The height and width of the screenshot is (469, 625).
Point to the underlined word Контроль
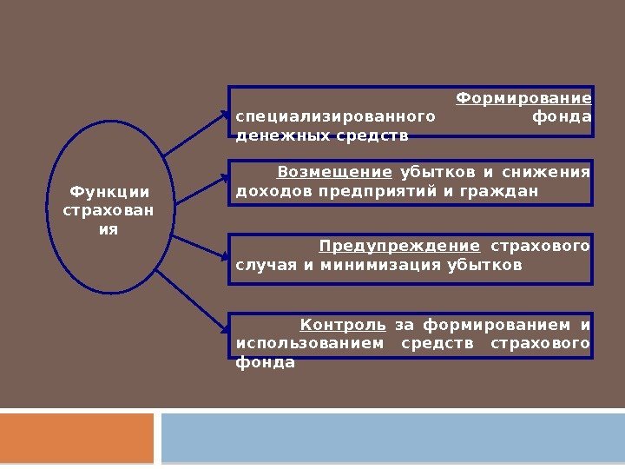tap(343, 326)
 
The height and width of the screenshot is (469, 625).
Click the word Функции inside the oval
tap(109, 192)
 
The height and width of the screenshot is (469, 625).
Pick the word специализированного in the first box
tap(334, 117)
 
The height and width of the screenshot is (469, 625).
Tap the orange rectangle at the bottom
tap(76, 438)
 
